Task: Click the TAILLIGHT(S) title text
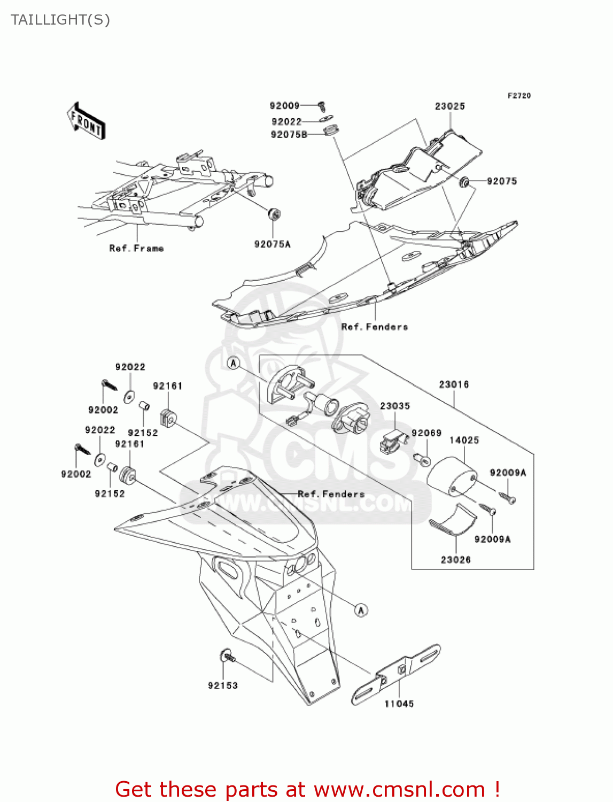coord(60,20)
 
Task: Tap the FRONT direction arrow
coord(86,121)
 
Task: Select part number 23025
coord(449,106)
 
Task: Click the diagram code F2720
coord(519,96)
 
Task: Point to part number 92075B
coord(289,135)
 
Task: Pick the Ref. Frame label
coord(136,248)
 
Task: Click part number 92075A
coord(272,244)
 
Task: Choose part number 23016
coord(454,384)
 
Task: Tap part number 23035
coord(395,406)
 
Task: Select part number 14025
coord(464,440)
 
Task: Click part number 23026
coord(455,560)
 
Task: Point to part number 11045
coord(399,704)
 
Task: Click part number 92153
coord(223,685)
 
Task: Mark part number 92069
coord(426,433)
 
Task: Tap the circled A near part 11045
coord(361,610)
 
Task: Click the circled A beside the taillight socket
coord(234,363)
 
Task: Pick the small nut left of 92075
coord(464,182)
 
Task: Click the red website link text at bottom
coord(307,789)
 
